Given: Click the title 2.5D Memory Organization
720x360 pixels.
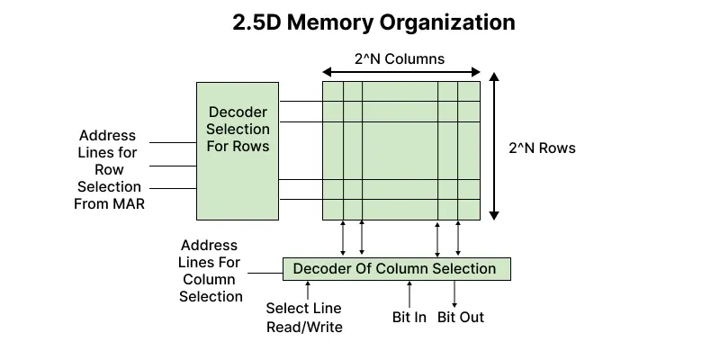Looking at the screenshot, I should pyautogui.click(x=373, y=22).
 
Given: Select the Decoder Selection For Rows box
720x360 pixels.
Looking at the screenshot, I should pyautogui.click(x=238, y=150).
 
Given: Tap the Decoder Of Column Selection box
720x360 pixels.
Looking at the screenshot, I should pyautogui.click(x=396, y=268).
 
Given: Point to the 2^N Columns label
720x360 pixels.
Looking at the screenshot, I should pyautogui.click(x=400, y=60).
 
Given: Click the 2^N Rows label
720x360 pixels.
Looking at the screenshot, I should pyautogui.click(x=542, y=148).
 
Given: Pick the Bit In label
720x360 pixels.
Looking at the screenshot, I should pyautogui.click(x=409, y=317).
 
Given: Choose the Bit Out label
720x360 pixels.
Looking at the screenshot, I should pyautogui.click(x=461, y=317).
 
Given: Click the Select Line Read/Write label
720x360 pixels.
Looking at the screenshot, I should pyautogui.click(x=304, y=318).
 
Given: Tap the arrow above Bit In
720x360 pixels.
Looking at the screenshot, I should pyautogui.click(x=410, y=293).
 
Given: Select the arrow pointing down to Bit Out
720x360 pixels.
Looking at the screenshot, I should pyautogui.click(x=454, y=293).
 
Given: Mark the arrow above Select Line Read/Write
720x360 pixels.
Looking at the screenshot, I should pyautogui.click(x=309, y=290).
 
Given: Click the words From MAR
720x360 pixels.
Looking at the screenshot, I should pyautogui.click(x=108, y=203).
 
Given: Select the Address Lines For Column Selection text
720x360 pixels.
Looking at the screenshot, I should pyautogui.click(x=210, y=270).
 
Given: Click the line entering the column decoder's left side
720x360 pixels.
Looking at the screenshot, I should pyautogui.click(x=265, y=273).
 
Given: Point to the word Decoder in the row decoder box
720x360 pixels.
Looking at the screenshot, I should pyautogui.click(x=238, y=112).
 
